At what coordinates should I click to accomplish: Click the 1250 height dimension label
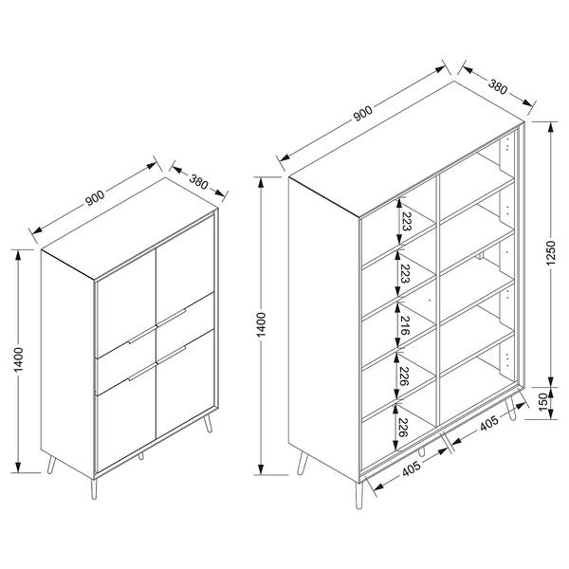[550, 252]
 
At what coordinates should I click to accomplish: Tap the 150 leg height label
[543, 402]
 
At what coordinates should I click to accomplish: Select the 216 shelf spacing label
[405, 325]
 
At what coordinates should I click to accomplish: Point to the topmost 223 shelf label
[406, 222]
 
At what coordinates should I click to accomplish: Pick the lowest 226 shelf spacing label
[404, 428]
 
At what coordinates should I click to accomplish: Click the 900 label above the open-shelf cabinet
[362, 114]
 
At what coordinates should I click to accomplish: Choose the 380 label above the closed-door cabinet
[198, 182]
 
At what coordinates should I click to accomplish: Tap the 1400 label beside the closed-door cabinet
[18, 359]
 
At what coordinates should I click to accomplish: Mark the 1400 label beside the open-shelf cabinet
[261, 324]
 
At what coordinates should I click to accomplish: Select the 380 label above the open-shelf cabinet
[498, 87]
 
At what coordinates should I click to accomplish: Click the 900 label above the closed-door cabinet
[95, 198]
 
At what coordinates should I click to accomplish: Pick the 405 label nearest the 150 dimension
[489, 423]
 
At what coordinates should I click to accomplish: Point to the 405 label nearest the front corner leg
[412, 468]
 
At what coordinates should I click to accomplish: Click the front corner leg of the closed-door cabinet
[94, 488]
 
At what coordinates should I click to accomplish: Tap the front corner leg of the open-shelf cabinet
[358, 495]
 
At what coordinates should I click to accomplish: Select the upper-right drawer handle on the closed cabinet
[172, 317]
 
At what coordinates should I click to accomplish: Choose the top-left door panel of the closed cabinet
[125, 303]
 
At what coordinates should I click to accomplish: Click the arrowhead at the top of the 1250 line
[551, 128]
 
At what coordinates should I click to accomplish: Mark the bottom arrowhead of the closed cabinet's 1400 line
[18, 467]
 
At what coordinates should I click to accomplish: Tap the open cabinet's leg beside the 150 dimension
[510, 409]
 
